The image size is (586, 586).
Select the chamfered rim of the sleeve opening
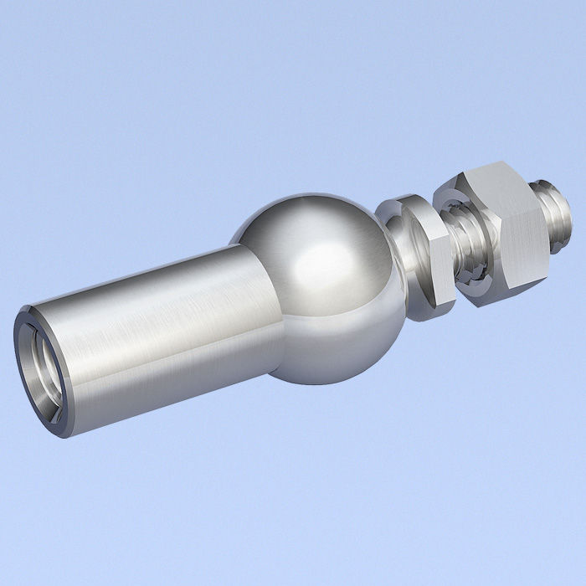33,368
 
